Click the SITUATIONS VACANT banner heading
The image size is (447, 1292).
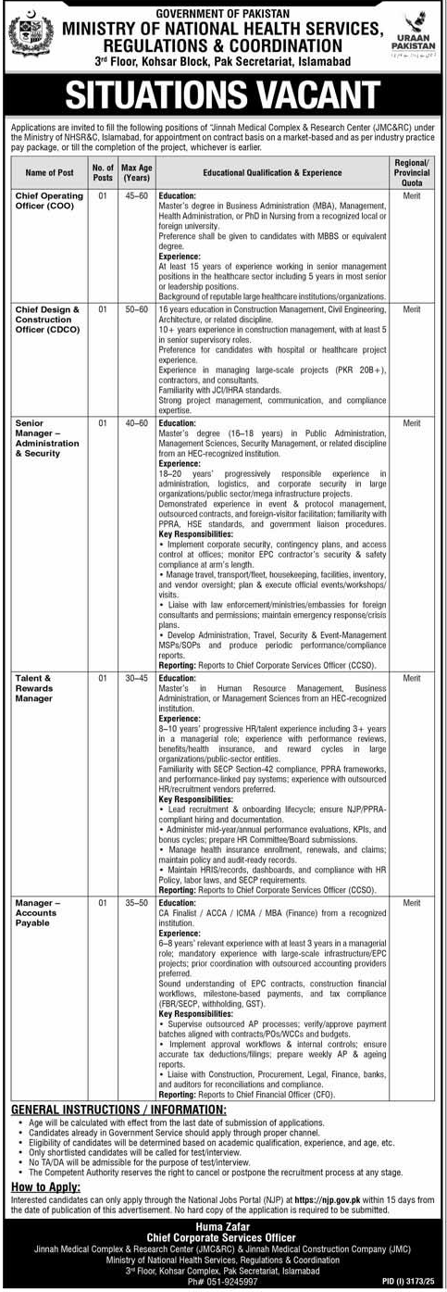click(223, 95)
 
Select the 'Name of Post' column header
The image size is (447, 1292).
click(49, 172)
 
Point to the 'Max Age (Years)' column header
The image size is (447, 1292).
click(135, 172)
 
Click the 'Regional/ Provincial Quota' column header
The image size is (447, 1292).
click(412, 172)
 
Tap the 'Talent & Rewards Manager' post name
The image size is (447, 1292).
click(39, 689)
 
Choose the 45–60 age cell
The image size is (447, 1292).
click(135, 196)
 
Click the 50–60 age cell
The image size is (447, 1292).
click(135, 308)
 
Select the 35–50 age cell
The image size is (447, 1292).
click(135, 901)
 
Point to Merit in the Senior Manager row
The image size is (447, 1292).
click(412, 421)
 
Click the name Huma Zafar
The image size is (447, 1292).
click(223, 1227)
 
